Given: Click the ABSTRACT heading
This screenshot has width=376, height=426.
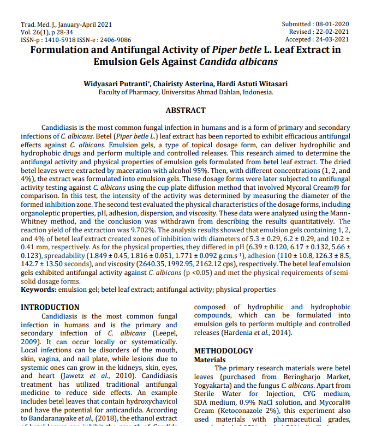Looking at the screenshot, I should pyautogui.click(x=186, y=110).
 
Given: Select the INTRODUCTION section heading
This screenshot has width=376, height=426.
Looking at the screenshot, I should pyautogui.click(x=50, y=307).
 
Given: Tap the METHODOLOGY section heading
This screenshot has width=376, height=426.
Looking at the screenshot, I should pyautogui.click(x=224, y=351).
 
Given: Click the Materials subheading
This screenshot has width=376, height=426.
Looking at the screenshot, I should pyautogui.click(x=210, y=360).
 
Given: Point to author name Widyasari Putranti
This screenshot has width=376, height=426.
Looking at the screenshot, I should pyautogui.click(x=116, y=84).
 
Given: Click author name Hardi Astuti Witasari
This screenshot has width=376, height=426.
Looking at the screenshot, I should pyautogui.click(x=252, y=84).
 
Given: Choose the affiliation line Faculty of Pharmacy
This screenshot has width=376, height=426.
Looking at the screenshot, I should pyautogui.click(x=186, y=92).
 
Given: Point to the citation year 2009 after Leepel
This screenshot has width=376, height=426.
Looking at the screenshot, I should pyautogui.click(x=29, y=342).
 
